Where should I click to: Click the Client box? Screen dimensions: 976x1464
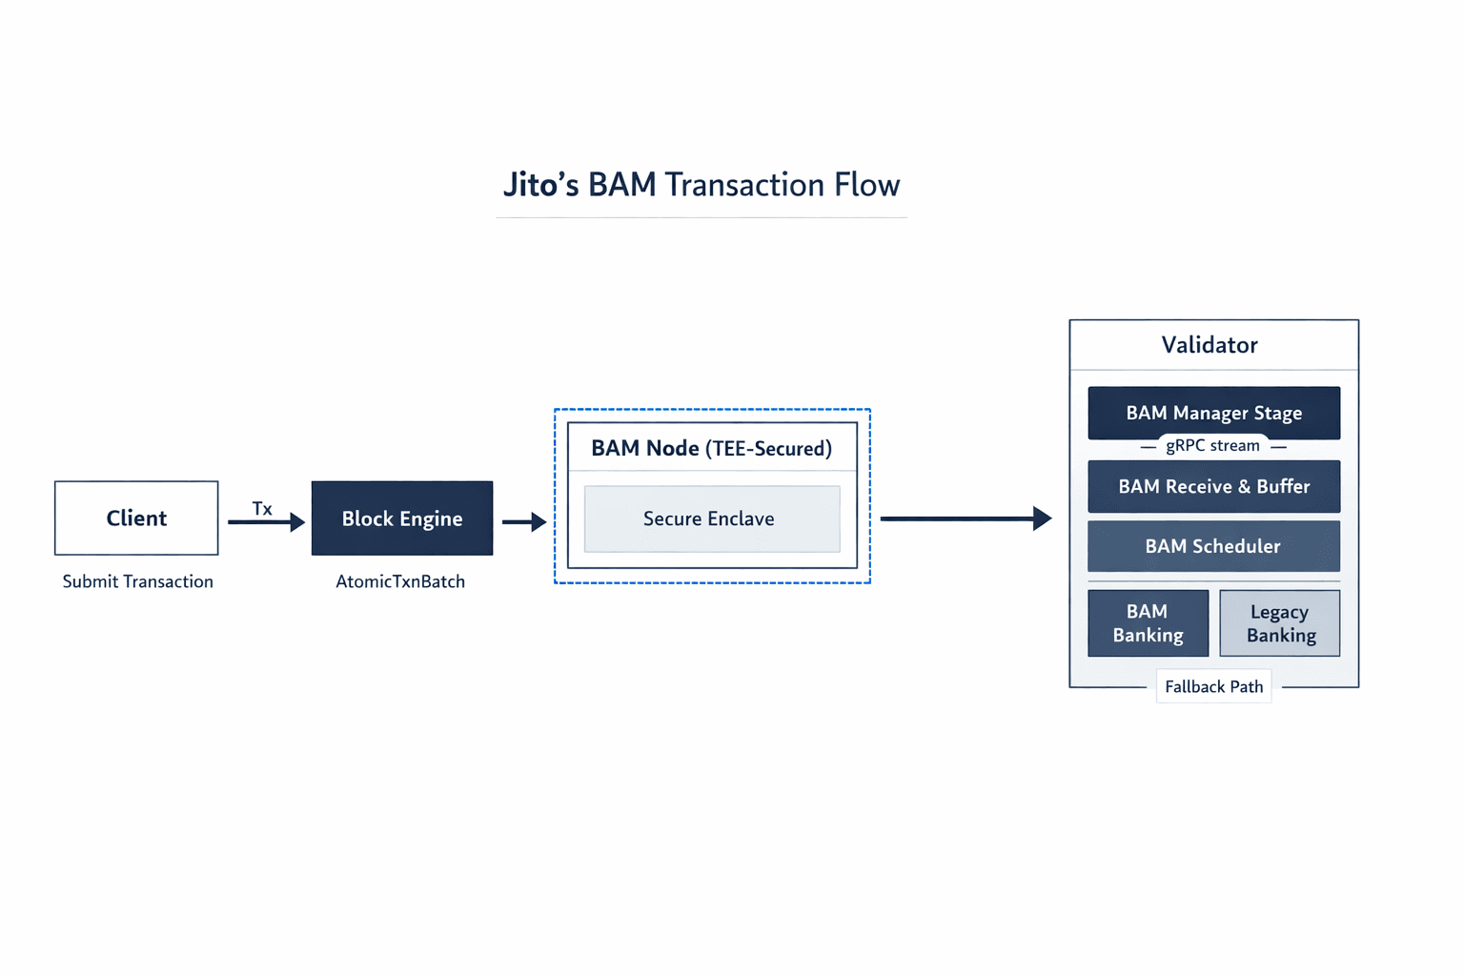point(136,518)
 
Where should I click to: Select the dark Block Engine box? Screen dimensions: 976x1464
point(402,518)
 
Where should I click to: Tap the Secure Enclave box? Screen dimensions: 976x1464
point(712,518)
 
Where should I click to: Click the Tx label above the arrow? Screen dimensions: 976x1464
point(262,509)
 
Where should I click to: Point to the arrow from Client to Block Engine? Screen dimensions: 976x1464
point(266,522)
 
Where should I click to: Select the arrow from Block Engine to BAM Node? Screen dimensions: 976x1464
point(524,522)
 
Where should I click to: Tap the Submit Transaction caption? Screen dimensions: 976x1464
point(138,581)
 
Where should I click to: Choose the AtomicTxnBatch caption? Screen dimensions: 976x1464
point(400,581)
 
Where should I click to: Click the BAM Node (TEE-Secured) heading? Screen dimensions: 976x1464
point(711,448)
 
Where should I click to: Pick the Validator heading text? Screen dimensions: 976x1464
point(1210,345)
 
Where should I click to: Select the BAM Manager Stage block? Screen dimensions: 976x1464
point(1213,412)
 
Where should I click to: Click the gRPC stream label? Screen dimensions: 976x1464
point(1212,446)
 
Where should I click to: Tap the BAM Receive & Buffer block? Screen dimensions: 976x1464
point(1213,487)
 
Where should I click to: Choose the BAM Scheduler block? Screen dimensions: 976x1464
point(1213,546)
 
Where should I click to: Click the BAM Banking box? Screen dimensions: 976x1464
point(1148,623)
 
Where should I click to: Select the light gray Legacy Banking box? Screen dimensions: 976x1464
point(1280,623)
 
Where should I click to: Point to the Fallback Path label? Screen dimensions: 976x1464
point(1213,686)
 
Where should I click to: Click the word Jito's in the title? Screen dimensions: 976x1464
point(540,185)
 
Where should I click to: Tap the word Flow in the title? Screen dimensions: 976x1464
point(866,185)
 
